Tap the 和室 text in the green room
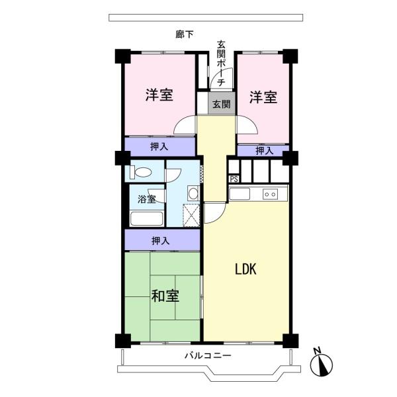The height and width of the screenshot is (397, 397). click(x=165, y=296)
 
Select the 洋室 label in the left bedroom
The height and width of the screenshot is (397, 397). click(x=159, y=95)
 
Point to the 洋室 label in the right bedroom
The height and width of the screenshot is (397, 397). click(x=263, y=97)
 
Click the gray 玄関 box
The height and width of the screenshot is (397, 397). click(x=221, y=104)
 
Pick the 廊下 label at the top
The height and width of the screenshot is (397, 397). click(x=185, y=34)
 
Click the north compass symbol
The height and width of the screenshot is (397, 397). click(x=321, y=362)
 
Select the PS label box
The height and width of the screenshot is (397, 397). click(x=234, y=179)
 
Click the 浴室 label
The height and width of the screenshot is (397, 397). click(x=146, y=199)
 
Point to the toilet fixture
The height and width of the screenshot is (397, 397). click(x=141, y=173)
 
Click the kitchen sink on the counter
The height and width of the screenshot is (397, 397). click(x=240, y=194)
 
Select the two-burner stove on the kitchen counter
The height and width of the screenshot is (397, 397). click(x=270, y=194)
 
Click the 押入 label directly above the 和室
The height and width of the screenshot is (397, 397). click(x=161, y=240)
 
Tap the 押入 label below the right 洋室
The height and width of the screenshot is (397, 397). click(x=264, y=151)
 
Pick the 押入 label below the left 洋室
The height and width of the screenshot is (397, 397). click(x=159, y=146)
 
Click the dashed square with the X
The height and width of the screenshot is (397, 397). click(x=191, y=216)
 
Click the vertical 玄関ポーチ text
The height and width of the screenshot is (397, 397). click(x=221, y=63)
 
